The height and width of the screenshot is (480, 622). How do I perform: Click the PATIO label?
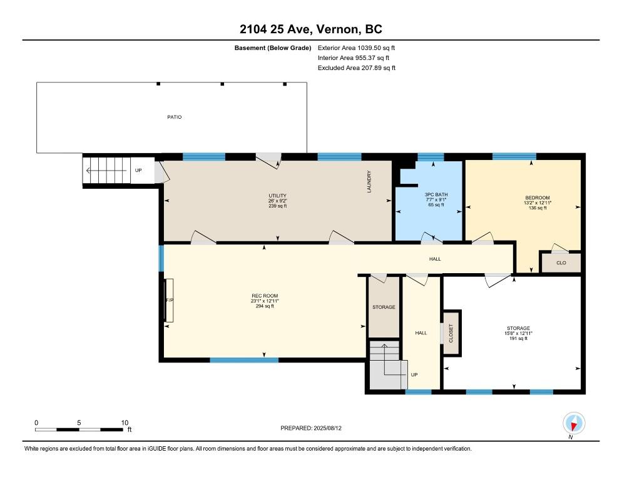pos(174,117)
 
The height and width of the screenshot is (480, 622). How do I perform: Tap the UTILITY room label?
pos(277,196)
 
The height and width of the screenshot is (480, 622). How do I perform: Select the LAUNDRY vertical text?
pos(369,181)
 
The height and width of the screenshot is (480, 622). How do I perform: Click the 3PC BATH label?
pos(436,194)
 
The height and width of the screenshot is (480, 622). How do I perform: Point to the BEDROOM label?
pos(538,197)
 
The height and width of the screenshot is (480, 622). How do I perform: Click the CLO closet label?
pos(561,262)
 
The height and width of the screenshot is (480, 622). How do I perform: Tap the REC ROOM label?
pos(265,296)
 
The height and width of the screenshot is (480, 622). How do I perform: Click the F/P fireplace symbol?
pos(170,301)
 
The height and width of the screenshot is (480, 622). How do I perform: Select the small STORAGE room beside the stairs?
pos(384,307)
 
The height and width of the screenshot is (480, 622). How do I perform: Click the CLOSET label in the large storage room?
pos(451,333)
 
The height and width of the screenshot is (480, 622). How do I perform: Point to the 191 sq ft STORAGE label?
pos(518,333)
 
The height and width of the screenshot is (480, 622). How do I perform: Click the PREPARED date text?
pos(311,428)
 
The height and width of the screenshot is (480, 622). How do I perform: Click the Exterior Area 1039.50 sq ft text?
pos(356,48)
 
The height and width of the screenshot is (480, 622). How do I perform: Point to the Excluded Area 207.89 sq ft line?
pos(357,67)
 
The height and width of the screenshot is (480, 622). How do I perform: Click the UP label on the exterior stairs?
pos(138,171)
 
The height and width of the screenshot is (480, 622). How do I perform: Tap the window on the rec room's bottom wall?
pos(244,360)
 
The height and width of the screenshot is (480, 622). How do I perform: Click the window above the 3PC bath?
pos(431,157)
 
